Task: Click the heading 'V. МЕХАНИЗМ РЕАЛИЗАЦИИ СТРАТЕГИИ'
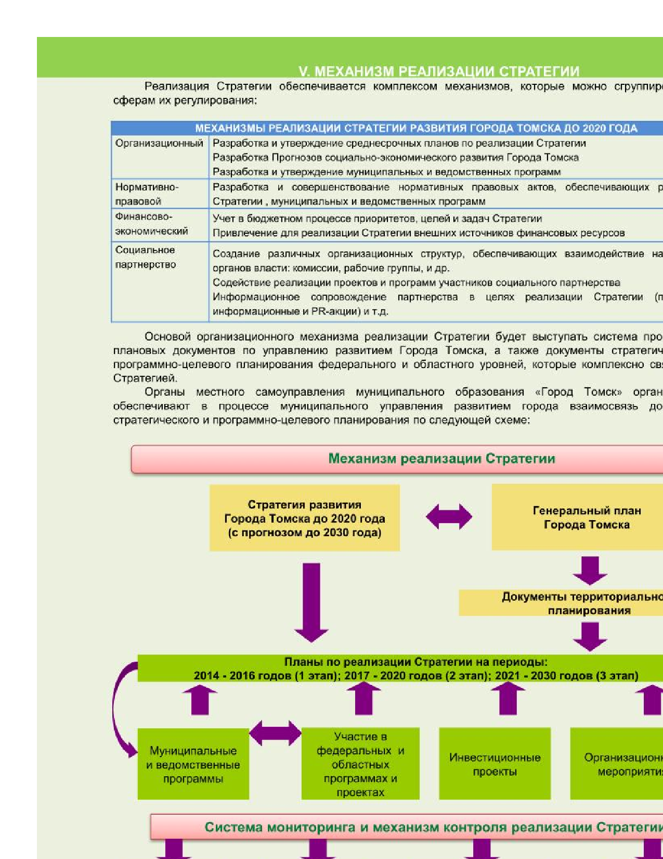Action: point(438,71)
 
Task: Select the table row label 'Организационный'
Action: point(159,143)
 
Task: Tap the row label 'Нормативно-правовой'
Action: point(147,194)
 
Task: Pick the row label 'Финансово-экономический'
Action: point(151,224)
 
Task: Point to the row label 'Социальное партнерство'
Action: point(146,257)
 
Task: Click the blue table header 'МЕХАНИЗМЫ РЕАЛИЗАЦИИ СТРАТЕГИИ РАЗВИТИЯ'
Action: point(416,128)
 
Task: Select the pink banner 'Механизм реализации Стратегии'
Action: point(441,459)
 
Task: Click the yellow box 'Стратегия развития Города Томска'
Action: point(304,518)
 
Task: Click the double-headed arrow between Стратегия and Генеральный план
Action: point(449,517)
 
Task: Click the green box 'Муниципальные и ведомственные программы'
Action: point(193,764)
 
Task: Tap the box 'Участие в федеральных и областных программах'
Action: point(360,764)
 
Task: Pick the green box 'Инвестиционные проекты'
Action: point(495,764)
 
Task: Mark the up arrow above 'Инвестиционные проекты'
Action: point(508,699)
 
